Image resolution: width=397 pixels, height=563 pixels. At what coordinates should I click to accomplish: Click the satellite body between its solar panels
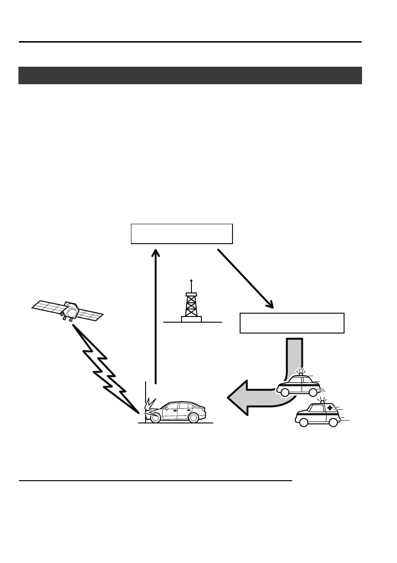pyautogui.click(x=71, y=310)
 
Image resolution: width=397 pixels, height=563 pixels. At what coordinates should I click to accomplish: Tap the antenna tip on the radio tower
pyautogui.click(x=191, y=280)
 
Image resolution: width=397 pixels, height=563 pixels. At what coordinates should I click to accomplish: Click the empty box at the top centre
pyautogui.click(x=181, y=234)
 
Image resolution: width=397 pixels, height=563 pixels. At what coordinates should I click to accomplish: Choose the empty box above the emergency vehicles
pyautogui.click(x=292, y=323)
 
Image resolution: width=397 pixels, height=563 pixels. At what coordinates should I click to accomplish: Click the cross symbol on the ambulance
pyautogui.click(x=329, y=407)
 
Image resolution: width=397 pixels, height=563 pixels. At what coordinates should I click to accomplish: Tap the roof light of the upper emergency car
pyautogui.click(x=300, y=374)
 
